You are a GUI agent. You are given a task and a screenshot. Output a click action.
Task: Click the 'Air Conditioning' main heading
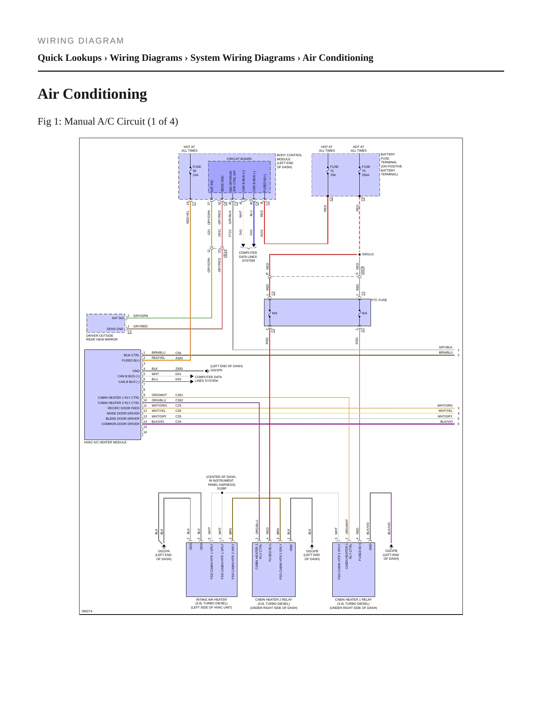pyautogui.click(x=92, y=94)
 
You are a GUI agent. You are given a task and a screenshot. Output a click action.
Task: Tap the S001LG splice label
pyautogui.click(x=368, y=254)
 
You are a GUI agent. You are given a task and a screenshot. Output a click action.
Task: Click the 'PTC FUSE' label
pyautogui.click(x=379, y=300)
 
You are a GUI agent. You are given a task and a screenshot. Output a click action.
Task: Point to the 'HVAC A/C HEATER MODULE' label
pyautogui.click(x=105, y=442)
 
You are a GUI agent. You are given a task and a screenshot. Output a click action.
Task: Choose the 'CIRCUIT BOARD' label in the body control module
pyautogui.click(x=239, y=159)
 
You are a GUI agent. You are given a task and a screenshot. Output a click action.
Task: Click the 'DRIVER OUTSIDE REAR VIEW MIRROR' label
pyautogui.click(x=102, y=337)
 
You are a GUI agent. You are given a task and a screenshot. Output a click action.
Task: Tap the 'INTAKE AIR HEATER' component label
pyautogui.click(x=212, y=600)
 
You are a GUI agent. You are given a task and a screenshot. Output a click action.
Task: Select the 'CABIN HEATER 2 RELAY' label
pyautogui.click(x=274, y=600)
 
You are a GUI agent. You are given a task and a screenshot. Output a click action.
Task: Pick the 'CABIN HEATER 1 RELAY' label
pyautogui.click(x=353, y=600)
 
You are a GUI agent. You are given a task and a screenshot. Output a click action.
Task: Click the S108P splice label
pyautogui.click(x=222, y=488)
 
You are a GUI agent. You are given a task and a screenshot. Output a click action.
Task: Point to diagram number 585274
pyautogui.click(x=87, y=611)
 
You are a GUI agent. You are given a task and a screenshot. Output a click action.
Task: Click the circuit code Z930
pyautogui.click(x=179, y=369)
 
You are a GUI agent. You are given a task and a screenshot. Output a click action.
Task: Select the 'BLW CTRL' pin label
pyautogui.click(x=132, y=355)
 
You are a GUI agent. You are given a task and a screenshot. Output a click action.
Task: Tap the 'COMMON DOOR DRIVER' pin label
pyautogui.click(x=120, y=424)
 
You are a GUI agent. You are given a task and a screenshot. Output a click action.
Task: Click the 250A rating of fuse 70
pyautogui.click(x=366, y=175)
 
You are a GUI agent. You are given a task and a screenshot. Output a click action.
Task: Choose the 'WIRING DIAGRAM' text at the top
pyautogui.click(x=81, y=41)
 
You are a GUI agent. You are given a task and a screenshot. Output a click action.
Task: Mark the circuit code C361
pyautogui.click(x=179, y=395)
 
